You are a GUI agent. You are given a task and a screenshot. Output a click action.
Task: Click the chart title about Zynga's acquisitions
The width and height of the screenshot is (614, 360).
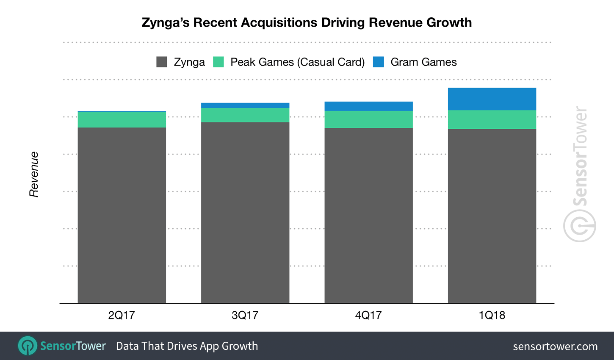coord(307,22)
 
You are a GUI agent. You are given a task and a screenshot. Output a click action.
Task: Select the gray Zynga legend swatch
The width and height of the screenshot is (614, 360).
coord(162,62)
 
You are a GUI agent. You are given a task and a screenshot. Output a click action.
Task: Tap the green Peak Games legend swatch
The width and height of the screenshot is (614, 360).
coord(218,62)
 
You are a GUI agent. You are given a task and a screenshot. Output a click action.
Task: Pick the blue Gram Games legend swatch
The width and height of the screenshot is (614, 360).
coord(378,62)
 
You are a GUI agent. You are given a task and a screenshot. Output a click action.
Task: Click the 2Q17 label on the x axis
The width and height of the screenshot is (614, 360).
coord(122,315)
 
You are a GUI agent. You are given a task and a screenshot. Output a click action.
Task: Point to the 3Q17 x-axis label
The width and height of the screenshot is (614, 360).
coord(245,315)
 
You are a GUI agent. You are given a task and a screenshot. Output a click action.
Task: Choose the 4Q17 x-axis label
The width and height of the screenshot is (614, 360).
coord(368,315)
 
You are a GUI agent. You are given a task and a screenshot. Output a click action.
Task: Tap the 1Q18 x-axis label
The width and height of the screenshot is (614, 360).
coord(492,315)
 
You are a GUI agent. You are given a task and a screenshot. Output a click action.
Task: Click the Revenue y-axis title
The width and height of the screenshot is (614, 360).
coord(34,174)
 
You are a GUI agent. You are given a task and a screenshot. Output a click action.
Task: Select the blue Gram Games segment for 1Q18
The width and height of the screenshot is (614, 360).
coord(492,99)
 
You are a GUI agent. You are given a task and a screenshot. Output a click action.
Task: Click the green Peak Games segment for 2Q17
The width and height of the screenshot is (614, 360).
coord(122,119)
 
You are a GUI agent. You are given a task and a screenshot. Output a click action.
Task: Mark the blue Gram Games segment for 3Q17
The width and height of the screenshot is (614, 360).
coord(245,105)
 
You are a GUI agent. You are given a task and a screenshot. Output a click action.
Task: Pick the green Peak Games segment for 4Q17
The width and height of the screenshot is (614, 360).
coord(368,119)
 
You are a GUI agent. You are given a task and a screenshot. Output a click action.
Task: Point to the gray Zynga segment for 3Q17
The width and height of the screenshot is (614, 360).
coord(245,212)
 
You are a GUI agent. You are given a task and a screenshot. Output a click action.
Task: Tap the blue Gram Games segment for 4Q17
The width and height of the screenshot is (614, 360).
coord(368,106)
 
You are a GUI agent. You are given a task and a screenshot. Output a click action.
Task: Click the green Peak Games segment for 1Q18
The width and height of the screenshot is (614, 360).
coord(492,119)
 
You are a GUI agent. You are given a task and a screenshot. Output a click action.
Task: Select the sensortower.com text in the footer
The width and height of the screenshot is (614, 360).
coord(555,346)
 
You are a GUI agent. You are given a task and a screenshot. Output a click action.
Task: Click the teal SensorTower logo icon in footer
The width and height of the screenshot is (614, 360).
coord(28,346)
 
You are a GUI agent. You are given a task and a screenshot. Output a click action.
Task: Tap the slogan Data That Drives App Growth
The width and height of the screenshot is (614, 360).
coord(187,346)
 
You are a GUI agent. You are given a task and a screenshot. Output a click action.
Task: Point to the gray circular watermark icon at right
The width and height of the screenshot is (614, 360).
coord(579,226)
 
